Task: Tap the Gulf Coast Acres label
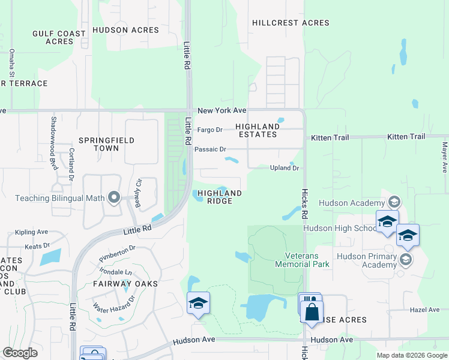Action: (59, 37)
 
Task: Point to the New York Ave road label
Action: (222, 110)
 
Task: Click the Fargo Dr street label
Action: (210, 130)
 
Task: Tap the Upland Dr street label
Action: (284, 168)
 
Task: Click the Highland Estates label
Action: (258, 130)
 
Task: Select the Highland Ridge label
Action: (220, 197)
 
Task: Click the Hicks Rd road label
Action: (304, 202)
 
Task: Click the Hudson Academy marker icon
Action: (394, 202)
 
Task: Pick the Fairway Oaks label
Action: (125, 283)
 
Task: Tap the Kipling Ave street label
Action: (32, 232)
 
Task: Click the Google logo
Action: (20, 353)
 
